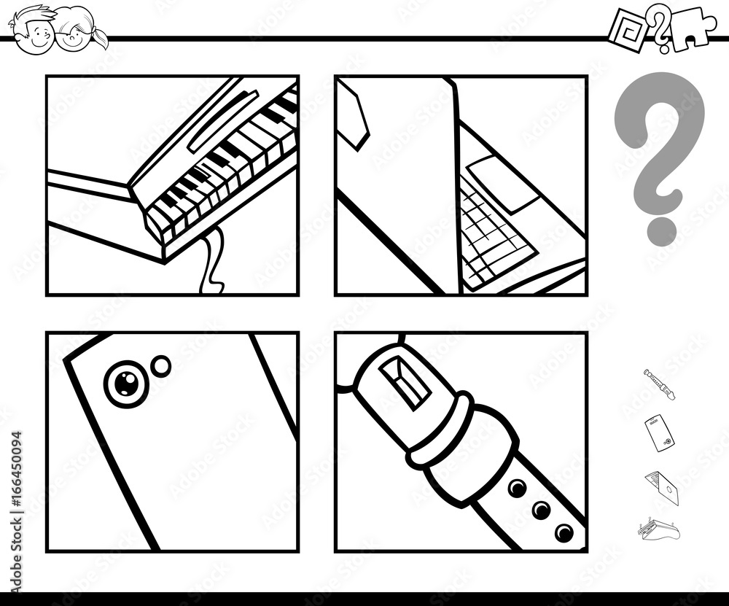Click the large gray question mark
660,153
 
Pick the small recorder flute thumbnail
659,384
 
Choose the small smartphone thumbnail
658,432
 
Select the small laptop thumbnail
661,486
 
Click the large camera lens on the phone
125,382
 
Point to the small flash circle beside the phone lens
160,366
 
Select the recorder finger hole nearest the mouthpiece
517,488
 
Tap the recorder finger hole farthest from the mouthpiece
564,532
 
